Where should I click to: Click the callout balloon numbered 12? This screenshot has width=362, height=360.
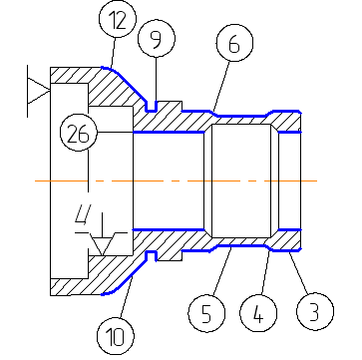coord(118,20)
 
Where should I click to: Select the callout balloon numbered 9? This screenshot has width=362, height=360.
coord(157,39)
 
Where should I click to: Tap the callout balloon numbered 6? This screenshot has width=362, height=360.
coord(234,43)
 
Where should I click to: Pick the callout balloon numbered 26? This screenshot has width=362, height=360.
coord(79,133)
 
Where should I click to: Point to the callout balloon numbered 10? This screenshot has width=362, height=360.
coord(116,336)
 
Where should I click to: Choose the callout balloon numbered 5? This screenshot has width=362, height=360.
coord(206,313)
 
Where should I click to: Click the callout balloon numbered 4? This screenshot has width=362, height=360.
coord(258,313)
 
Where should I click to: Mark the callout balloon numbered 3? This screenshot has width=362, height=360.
coord(315,311)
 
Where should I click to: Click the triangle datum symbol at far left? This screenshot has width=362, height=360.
coord(38,91)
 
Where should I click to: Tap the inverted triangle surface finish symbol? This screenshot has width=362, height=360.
coord(102,243)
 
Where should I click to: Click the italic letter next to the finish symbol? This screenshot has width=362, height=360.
coord(82,214)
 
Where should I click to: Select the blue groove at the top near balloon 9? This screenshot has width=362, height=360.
coord(152,107)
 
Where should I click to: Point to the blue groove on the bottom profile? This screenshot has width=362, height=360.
coord(152,256)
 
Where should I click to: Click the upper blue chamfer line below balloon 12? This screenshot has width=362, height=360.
coord(124,85)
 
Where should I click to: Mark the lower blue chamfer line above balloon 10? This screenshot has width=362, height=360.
coord(124,277)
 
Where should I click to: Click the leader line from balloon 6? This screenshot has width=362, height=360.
coord(221,86)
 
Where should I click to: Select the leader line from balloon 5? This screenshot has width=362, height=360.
coord(222,270)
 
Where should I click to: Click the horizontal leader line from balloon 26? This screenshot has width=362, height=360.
coord(115,133)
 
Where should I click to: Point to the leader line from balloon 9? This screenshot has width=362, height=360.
coord(157,80)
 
